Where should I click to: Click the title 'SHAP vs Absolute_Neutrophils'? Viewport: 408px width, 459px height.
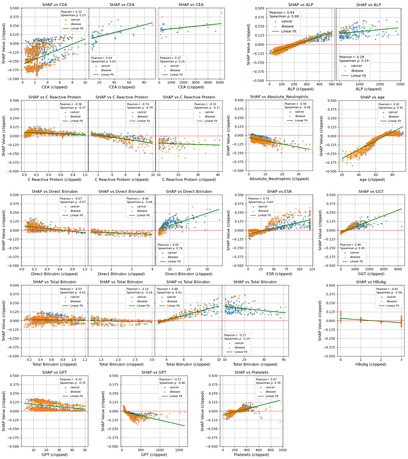[279, 97]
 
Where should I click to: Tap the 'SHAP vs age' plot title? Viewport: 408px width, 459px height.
[372, 97]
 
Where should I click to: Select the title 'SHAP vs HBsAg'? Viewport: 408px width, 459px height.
[371, 282]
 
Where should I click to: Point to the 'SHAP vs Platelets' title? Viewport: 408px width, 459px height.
[251, 372]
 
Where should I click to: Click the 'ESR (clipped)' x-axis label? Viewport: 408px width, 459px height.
[279, 274]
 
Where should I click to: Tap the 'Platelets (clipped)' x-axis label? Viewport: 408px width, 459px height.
[251, 455]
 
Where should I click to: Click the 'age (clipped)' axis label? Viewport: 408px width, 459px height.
[372, 179]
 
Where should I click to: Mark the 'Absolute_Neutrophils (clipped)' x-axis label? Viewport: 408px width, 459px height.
[279, 179]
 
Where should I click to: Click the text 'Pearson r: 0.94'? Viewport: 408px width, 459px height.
[281, 12]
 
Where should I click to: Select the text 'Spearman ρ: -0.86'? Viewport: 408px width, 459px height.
[172, 383]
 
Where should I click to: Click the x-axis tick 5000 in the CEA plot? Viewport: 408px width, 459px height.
[220, 82]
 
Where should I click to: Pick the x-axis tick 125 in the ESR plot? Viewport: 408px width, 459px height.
[312, 269]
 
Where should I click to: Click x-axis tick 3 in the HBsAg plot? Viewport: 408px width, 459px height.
[401, 360]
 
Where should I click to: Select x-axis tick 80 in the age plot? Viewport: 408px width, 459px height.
[392, 175]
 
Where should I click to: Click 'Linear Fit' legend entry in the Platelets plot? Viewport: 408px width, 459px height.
[272, 396]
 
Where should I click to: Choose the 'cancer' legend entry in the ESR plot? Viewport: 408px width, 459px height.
[263, 206]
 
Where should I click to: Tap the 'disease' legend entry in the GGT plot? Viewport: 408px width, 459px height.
[355, 257]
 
